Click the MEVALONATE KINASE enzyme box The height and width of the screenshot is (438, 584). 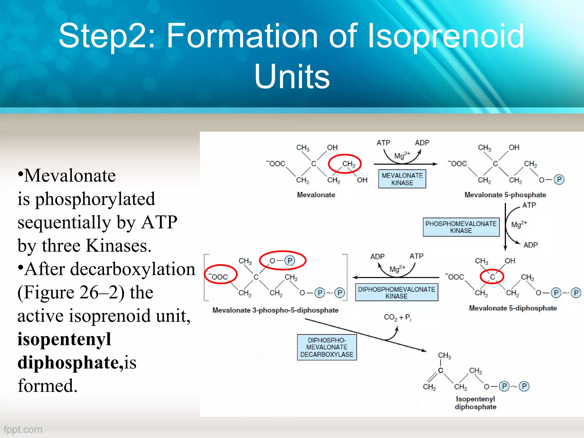tap(402, 179)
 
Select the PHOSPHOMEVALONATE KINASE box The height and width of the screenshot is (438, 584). tap(461, 227)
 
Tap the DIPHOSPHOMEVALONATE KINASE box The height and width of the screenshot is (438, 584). tap(396, 292)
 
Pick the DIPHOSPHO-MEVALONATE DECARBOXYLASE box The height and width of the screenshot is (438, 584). tap(327, 347)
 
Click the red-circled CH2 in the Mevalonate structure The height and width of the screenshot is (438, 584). tap(345, 164)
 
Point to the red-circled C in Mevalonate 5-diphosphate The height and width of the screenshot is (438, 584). tap(492, 277)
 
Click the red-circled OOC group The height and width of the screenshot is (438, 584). tap(220, 275)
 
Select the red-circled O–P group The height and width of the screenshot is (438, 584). tap(282, 260)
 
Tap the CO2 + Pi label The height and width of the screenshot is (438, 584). tap(397, 317)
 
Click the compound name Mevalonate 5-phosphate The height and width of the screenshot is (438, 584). tap(505, 195)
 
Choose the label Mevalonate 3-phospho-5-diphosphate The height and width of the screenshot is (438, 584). tap(275, 310)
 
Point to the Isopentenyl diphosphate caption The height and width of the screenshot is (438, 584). tap(475, 403)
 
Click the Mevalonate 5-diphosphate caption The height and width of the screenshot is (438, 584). tap(513, 308)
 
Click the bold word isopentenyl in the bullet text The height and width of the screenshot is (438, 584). tap(64, 339)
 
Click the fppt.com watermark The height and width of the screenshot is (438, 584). tap(23, 429)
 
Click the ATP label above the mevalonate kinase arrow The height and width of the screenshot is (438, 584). tap(383, 143)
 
